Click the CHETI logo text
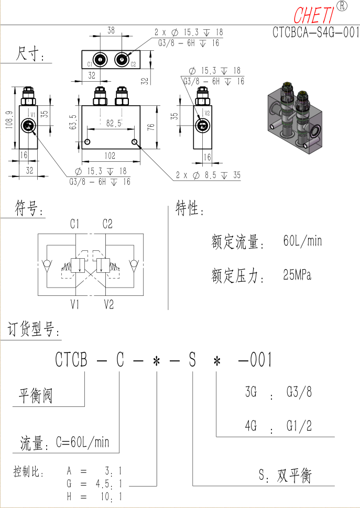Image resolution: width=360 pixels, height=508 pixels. (x=314, y=15)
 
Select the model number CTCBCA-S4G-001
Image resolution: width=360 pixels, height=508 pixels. (x=316, y=32)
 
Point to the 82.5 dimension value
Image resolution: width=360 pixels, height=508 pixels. (x=113, y=123)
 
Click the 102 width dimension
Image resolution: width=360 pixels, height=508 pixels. (x=110, y=156)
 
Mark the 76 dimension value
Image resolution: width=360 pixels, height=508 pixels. (x=151, y=127)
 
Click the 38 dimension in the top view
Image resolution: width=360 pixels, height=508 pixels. (x=111, y=30)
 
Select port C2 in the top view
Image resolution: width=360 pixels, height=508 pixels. (x=122, y=60)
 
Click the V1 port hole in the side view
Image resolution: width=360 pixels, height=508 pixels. (x=27, y=126)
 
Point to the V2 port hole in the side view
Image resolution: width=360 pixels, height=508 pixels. (x=203, y=126)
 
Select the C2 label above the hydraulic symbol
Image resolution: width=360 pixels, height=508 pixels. (x=107, y=224)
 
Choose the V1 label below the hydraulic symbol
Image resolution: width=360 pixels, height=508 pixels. (x=75, y=304)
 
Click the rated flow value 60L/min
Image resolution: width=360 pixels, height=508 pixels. (x=303, y=241)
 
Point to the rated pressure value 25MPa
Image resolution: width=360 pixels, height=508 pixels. (x=297, y=275)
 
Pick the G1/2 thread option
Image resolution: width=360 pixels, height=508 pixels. (x=299, y=426)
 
